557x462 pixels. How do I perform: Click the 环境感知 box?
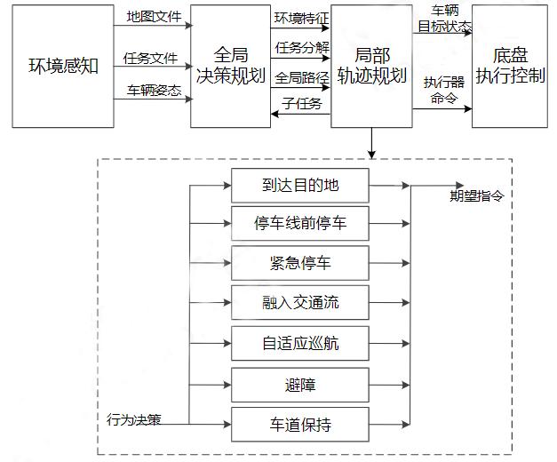(x=63, y=68)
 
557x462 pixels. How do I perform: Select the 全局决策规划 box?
(x=229, y=67)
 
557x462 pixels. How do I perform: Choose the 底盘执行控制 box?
(x=509, y=67)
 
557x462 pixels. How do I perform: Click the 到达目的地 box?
(x=300, y=186)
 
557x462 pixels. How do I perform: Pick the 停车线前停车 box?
(x=300, y=224)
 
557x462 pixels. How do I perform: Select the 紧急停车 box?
(x=300, y=263)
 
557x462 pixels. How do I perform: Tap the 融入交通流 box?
(x=300, y=303)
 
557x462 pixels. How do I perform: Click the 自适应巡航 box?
(x=300, y=344)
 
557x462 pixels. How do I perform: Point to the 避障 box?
(x=300, y=385)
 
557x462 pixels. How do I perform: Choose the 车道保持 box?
(x=300, y=424)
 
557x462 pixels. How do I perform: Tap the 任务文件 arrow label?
(x=151, y=58)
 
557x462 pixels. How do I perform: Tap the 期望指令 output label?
(x=477, y=196)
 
